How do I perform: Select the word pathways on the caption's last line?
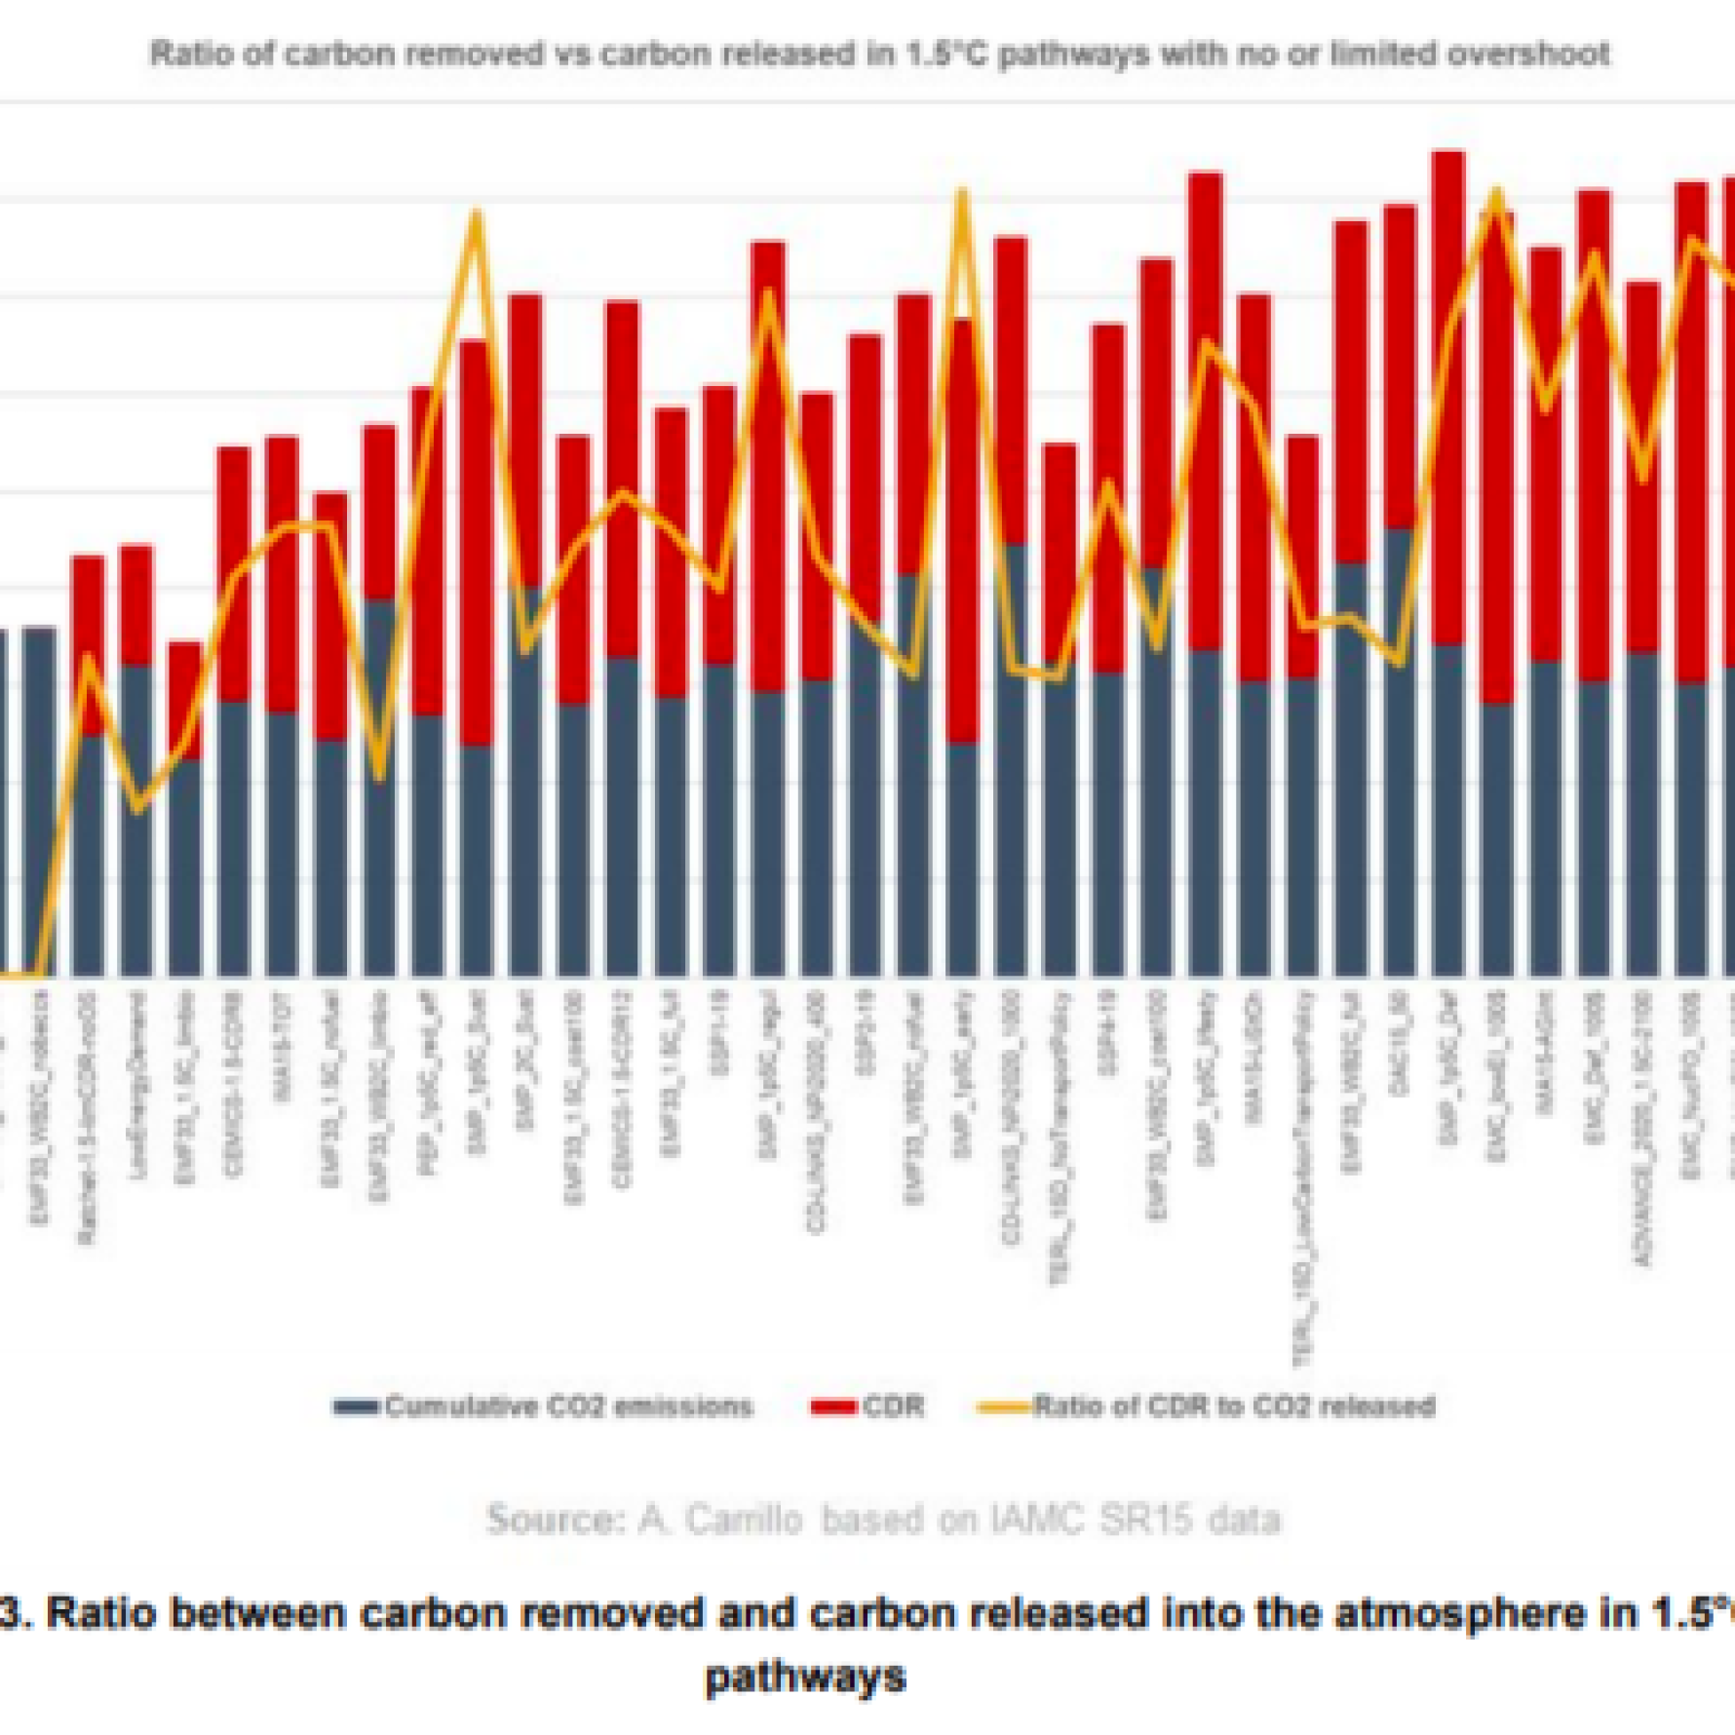[x=805, y=1677]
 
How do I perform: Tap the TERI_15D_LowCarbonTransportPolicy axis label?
[x=1303, y=1179]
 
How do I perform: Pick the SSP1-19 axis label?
[x=719, y=1033]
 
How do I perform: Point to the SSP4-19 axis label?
[x=1107, y=1033]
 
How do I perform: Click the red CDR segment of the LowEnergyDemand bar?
[x=136, y=604]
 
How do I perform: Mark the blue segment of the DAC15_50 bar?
[x=1400, y=751]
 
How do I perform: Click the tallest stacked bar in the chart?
[x=1448, y=565]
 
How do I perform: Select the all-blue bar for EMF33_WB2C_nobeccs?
[x=40, y=799]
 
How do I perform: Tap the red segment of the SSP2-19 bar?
[x=865, y=478]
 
